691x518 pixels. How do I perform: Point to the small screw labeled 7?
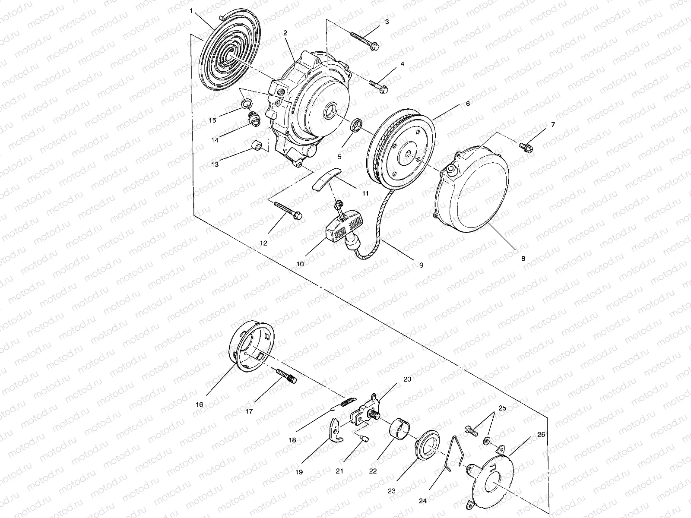(526, 147)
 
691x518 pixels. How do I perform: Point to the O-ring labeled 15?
(247, 103)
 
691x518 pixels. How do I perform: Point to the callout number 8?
(523, 259)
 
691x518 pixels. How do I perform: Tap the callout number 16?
(199, 405)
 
